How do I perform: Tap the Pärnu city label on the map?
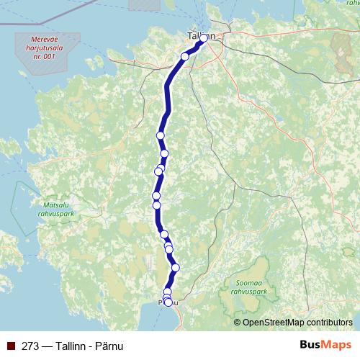166,302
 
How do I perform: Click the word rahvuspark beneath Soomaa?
248,292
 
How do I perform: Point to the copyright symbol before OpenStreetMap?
238,322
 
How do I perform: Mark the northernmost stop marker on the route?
204,37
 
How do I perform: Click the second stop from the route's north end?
185,56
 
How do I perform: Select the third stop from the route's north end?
161,135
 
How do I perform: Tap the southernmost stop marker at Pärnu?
168,302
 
